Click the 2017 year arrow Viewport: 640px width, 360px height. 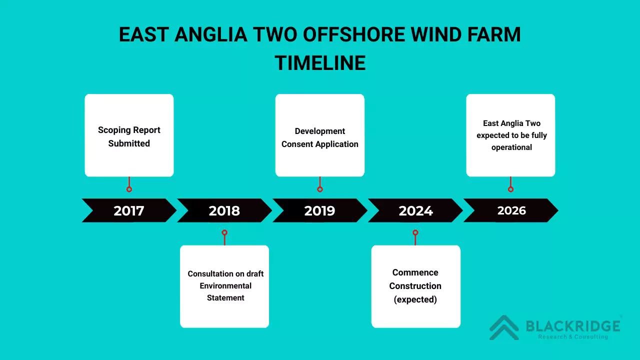129,210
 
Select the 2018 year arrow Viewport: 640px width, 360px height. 224,210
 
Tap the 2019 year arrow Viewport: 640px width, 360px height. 320,210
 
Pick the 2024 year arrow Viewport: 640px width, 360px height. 415,210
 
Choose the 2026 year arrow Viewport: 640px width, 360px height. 511,210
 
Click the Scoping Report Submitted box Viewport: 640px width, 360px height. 129,135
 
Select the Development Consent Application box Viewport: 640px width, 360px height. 320,135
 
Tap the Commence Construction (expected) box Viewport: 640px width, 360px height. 415,286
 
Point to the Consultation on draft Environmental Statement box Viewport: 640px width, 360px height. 224,286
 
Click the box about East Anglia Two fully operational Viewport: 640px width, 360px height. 510,135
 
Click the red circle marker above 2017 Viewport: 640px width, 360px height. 129,189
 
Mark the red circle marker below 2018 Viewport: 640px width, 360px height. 224,232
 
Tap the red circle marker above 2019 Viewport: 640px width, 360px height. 320,189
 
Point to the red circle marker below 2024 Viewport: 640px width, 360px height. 415,232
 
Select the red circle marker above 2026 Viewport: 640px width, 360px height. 511,189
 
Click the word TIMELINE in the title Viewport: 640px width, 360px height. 320,63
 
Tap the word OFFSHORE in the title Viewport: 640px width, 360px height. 354,34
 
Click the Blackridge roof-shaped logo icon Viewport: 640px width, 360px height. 504,327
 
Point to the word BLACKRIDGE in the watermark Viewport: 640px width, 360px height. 573,326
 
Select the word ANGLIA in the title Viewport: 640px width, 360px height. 211,34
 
